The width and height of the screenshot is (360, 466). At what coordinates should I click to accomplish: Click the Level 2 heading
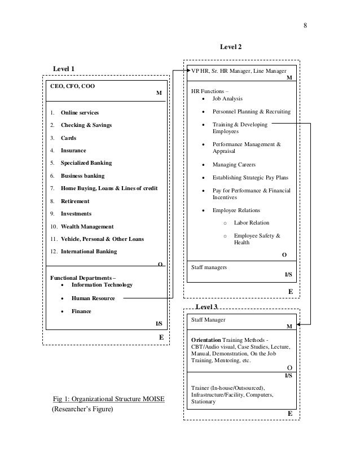point(230,47)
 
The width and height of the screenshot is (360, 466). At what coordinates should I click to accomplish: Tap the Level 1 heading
point(63,68)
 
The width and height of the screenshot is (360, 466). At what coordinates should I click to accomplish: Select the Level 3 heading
point(206,306)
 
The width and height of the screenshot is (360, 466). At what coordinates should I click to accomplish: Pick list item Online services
point(80,113)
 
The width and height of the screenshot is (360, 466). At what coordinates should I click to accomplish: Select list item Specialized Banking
point(86,163)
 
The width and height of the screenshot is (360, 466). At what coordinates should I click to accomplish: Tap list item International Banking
point(89,252)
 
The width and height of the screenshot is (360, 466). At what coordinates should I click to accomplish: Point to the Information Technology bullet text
point(102,285)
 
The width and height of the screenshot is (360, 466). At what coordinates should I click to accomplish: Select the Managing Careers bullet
point(234,165)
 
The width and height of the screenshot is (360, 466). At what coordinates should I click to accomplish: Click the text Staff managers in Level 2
point(209,267)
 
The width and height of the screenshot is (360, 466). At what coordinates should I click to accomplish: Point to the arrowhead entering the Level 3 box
point(298,325)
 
